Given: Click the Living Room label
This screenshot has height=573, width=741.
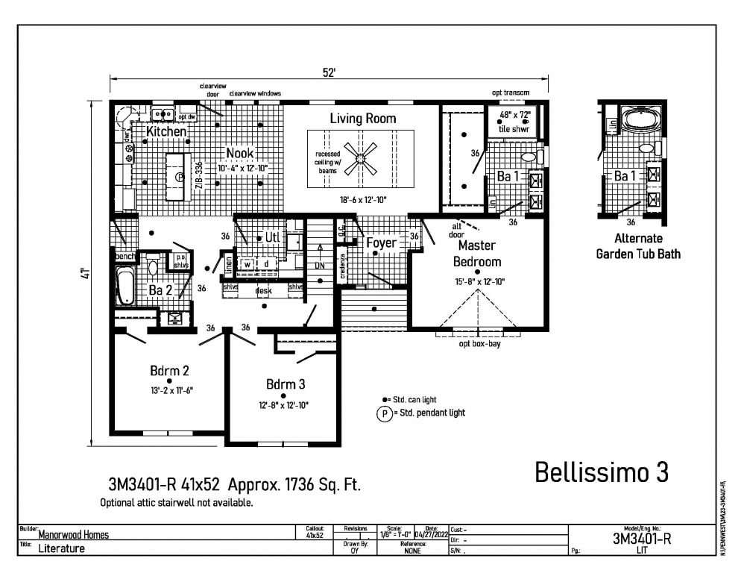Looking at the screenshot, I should pos(363,119).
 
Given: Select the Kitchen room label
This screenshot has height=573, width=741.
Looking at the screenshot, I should pos(165,131).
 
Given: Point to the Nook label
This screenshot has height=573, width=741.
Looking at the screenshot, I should pos(239,153).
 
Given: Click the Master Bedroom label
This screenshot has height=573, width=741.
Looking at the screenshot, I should pos(477,253).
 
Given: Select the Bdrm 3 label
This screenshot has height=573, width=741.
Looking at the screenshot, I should pos(286,384).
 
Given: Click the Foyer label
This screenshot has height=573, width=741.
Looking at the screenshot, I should pos(381,242).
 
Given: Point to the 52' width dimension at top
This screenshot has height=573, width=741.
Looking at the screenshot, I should pos(329,72).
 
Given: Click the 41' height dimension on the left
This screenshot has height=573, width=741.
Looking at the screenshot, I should pos(86,274).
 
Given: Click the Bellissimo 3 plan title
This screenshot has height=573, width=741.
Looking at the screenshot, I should pos(602,472).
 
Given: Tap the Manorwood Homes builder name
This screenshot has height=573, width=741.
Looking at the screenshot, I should pos(75,534).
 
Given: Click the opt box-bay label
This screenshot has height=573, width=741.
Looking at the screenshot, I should pos(479,344).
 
